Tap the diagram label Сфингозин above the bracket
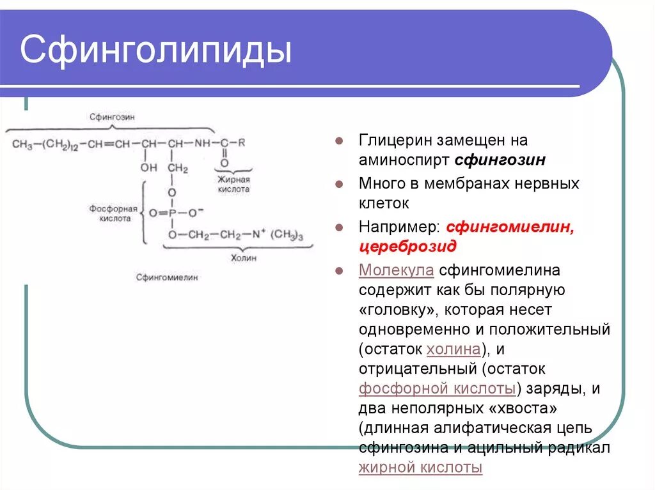[112, 117]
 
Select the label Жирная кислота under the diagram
[233, 185]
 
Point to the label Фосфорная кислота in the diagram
[113, 213]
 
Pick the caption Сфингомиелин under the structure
[167, 277]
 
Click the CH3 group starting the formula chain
[22, 144]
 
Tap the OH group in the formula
[148, 168]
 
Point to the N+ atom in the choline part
[258, 234]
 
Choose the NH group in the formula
[202, 144]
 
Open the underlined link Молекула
[397, 270]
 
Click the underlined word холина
[453, 349]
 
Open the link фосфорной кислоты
[438, 388]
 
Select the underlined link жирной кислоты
[420, 468]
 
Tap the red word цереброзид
[407, 247]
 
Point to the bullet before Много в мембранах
[340, 184]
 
